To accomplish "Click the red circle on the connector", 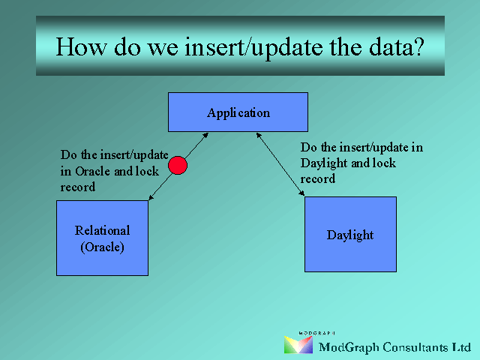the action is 178,165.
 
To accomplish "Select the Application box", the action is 238,112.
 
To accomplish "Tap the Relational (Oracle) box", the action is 102,238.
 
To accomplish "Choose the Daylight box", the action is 350,234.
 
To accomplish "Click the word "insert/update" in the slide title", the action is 253,47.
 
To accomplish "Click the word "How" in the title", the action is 82,46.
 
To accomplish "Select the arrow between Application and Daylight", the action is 280,164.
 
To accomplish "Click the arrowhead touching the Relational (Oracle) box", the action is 151,198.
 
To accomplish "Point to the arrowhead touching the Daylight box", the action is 302,193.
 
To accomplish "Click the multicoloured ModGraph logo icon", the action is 298,345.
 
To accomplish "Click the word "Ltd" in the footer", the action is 462,347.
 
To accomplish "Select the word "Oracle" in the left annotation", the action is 93,171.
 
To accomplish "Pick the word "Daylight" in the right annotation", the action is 323,163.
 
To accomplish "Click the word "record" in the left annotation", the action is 78,187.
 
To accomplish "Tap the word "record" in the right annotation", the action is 318,178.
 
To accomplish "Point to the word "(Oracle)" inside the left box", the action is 102,247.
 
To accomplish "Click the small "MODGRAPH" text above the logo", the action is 316,333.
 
